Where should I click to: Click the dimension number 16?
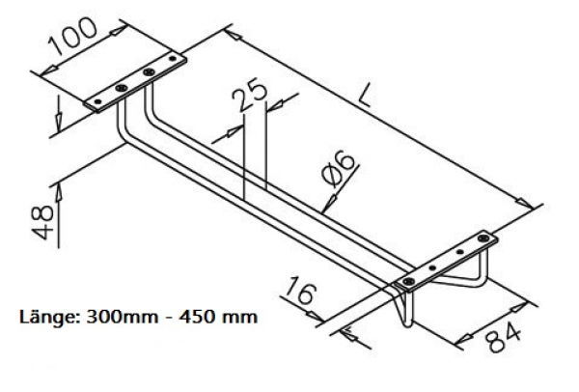coord(302,293)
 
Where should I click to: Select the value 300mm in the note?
coord(118,316)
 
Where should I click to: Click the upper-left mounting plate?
coord(135,83)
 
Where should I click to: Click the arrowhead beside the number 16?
coord(347,333)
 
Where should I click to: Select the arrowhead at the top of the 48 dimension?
coord(57,184)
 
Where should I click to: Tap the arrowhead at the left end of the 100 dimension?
coord(40,71)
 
